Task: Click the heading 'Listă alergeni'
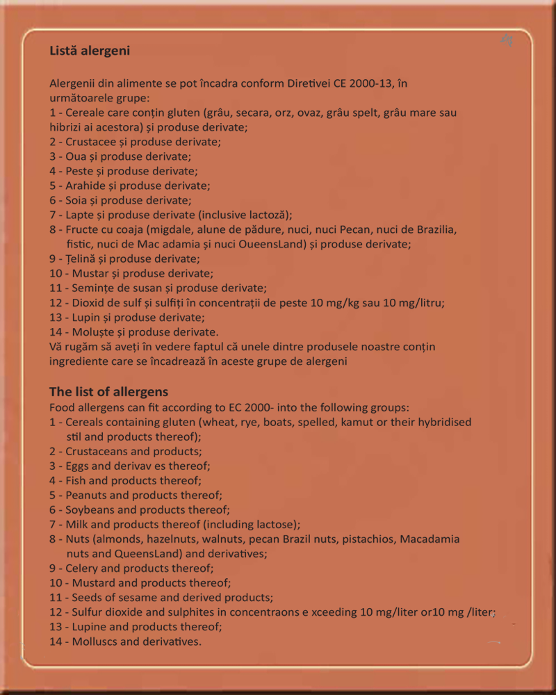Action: click(90, 51)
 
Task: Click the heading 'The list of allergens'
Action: click(108, 392)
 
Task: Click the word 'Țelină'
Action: click(83, 259)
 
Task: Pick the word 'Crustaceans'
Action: click(96, 451)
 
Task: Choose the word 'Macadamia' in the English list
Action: click(429, 539)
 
